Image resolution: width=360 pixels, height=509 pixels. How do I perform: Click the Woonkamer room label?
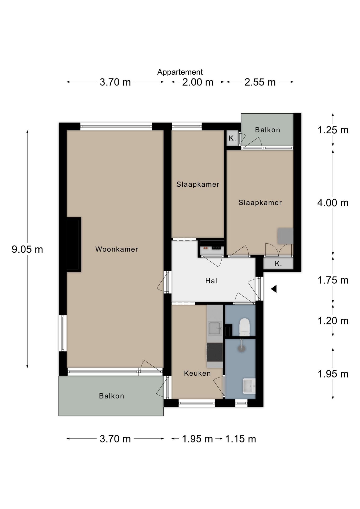coord(117,249)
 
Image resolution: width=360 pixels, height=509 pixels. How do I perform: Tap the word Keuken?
coord(197,373)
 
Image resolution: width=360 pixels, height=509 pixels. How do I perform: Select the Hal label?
coord(211,281)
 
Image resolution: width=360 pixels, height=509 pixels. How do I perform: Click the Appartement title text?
coord(180,72)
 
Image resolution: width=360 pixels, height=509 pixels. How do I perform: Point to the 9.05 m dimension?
coord(27,249)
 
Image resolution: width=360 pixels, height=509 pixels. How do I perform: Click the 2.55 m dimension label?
coord(260,82)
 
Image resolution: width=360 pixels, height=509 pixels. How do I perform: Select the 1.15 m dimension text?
coord(240,439)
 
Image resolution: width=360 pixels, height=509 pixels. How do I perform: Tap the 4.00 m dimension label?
coord(333,203)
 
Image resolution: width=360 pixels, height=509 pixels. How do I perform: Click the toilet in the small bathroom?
coord(244,327)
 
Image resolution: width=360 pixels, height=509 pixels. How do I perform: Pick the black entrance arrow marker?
coord(274,289)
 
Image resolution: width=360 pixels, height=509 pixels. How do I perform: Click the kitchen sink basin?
coord(215,328)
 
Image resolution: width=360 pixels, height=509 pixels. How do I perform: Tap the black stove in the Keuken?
coord(215,352)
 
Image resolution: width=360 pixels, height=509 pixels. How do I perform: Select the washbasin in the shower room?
coord(249,386)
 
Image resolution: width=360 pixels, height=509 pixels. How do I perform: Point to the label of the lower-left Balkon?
coord(111,396)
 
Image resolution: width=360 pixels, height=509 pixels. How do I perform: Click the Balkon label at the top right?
coord(267,130)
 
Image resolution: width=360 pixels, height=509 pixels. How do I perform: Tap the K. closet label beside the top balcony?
coord(232,138)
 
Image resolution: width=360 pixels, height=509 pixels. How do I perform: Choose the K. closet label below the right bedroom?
coord(278,264)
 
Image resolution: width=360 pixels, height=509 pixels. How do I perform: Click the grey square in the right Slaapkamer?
coord(285,236)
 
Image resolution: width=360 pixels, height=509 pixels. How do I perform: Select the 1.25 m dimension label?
coord(333,130)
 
